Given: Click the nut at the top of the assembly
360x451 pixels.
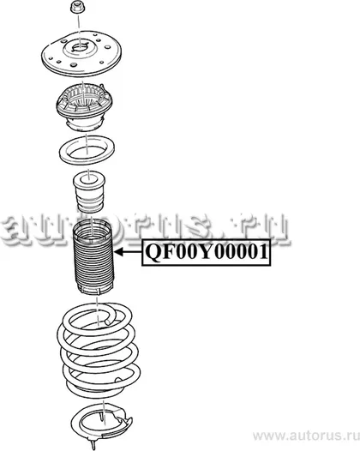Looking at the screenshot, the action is point(78,8).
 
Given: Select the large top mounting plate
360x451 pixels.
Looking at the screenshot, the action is point(82,55).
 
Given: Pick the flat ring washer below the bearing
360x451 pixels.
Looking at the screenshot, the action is point(87,149).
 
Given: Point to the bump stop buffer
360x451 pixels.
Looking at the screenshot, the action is point(89,192).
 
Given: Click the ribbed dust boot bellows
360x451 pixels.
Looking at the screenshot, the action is point(93,256).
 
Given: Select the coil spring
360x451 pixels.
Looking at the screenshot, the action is point(99,351).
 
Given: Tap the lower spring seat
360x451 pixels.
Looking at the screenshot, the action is point(102,423).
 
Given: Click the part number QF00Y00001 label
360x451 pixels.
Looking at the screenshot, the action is point(207,252).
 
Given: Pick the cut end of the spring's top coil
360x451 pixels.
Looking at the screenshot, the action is point(108,322).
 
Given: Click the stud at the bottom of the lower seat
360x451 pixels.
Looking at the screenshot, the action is point(93,443).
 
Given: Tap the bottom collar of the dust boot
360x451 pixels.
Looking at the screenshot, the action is point(92,289).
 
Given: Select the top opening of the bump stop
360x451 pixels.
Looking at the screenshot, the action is point(89,180).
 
